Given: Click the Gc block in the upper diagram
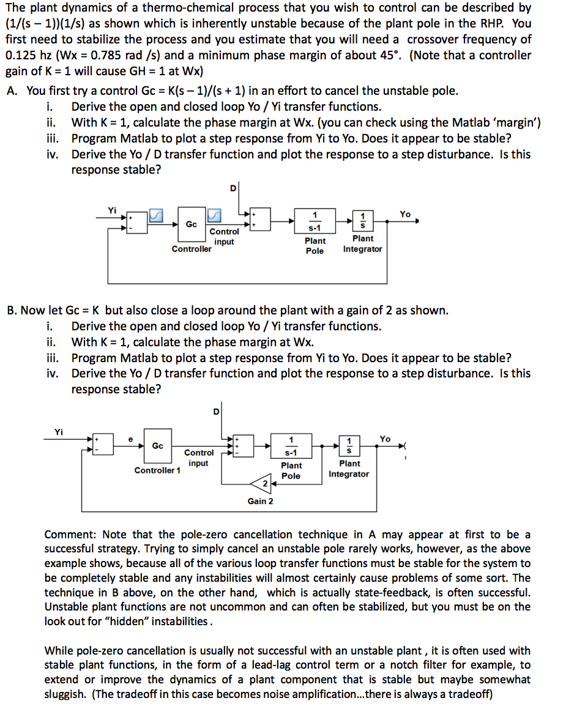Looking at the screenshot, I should click(191, 225).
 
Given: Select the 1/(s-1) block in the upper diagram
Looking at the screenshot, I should click(315, 221).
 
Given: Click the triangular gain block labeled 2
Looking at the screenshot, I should click(263, 484).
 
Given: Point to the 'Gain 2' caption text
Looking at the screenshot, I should click(260, 502).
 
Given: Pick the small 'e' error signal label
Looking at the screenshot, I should click(130, 439).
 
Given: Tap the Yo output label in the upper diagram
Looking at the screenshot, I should click(405, 214).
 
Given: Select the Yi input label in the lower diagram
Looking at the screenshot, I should click(59, 432).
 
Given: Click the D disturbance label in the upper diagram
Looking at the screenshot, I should click(233, 188).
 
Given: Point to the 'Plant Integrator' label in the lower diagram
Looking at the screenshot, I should click(349, 469).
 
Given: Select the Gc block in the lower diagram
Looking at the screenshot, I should click(157, 446).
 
